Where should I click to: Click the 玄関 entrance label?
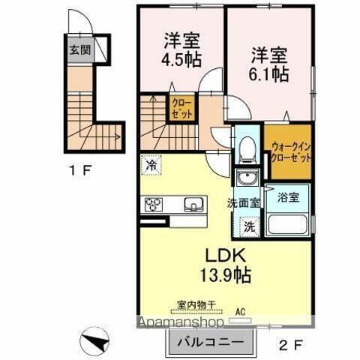tap(79, 50)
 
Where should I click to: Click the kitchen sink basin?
tap(193, 204)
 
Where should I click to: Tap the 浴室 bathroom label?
tap(288, 198)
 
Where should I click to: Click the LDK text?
tap(214, 253)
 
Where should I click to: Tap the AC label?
tap(241, 309)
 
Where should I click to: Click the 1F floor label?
tap(80, 170)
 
